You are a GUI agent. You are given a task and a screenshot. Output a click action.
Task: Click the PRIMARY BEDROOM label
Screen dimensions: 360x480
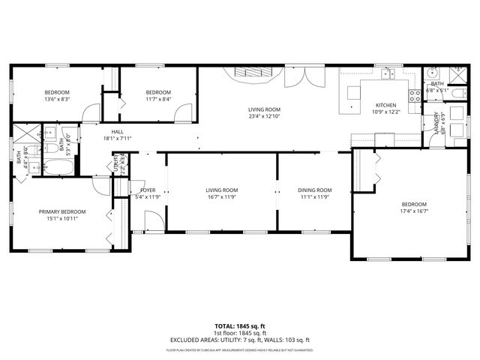62,211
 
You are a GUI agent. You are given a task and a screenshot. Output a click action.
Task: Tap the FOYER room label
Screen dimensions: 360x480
148,190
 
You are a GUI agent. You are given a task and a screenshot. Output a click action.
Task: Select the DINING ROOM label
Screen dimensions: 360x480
314,190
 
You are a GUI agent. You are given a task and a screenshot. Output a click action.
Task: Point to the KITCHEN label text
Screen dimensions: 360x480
385,105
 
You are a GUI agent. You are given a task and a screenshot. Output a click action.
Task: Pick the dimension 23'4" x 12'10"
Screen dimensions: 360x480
264,116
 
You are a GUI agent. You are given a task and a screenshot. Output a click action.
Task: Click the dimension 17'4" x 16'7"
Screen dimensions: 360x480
413,211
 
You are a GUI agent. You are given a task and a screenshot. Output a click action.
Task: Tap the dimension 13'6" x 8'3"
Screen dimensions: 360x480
58,99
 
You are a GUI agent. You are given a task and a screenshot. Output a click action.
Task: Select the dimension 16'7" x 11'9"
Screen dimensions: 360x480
222,197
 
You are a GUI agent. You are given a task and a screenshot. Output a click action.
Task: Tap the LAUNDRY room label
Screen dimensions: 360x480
436,126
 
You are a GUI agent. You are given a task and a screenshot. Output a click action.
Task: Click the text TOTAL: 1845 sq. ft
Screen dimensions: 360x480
239,327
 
